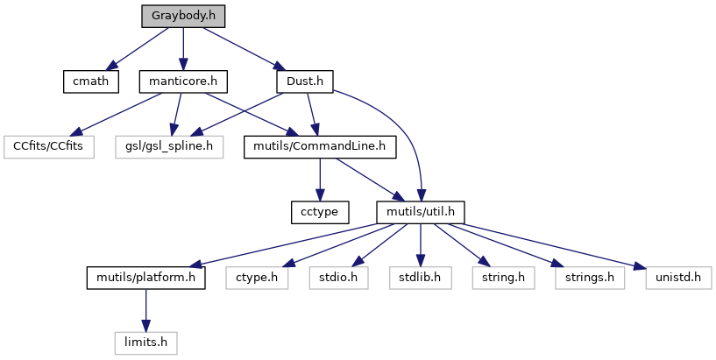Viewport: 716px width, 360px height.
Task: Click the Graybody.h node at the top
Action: (x=182, y=16)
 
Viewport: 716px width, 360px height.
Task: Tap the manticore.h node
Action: (x=182, y=81)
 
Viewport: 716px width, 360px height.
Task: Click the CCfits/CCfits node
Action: (x=48, y=146)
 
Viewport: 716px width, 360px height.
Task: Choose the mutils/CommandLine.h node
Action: (x=320, y=146)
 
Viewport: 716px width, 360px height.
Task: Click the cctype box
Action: (x=320, y=212)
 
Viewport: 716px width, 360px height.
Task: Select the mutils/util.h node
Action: (x=420, y=212)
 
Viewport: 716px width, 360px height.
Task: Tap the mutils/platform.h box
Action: (x=145, y=278)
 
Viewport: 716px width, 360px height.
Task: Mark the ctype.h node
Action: (x=256, y=278)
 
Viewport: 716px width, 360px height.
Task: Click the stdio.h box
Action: (x=336, y=278)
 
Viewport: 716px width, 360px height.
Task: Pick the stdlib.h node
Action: (x=421, y=278)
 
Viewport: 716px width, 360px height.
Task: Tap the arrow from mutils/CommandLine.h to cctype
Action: (x=320, y=180)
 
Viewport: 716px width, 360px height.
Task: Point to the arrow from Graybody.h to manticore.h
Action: (x=182, y=48)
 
